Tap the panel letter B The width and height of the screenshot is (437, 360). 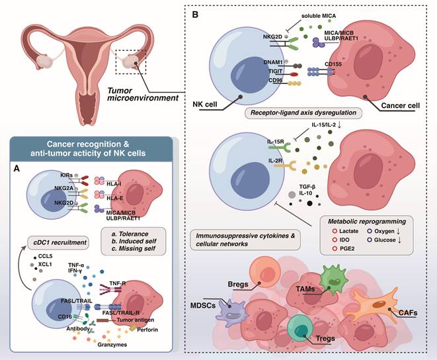point(193,13)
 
